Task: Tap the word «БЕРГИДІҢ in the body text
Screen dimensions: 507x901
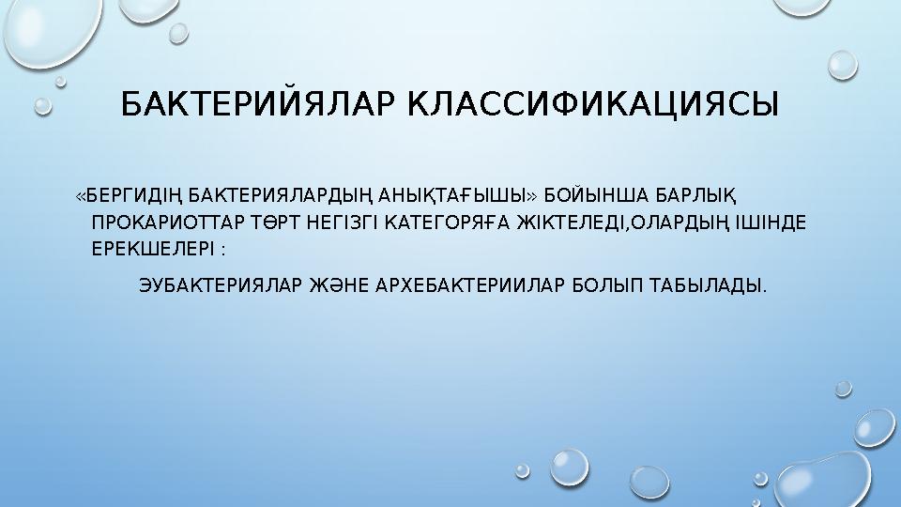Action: click(130, 195)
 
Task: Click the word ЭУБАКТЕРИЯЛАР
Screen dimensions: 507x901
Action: click(221, 284)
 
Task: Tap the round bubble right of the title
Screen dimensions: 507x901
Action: click(843, 64)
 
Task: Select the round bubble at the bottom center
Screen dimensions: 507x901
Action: click(569, 466)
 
